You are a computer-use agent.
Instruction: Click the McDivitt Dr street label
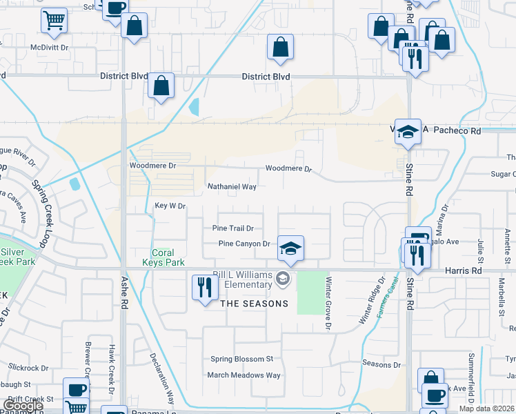click(x=50, y=48)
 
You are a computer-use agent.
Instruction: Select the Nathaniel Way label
click(x=232, y=187)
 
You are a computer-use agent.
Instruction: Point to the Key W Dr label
click(x=170, y=206)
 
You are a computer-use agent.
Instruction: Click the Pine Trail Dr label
click(x=233, y=228)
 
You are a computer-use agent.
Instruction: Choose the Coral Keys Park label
click(x=163, y=257)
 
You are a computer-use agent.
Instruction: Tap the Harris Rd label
click(x=467, y=272)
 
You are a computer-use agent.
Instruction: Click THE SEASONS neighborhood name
click(x=254, y=304)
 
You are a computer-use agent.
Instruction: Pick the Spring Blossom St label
click(x=242, y=359)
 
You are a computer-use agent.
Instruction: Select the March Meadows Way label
click(x=244, y=375)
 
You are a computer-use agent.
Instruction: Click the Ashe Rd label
click(x=125, y=294)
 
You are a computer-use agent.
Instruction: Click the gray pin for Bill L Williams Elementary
click(x=281, y=279)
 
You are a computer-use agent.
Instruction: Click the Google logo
click(x=22, y=405)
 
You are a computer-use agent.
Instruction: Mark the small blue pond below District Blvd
click(x=194, y=107)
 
